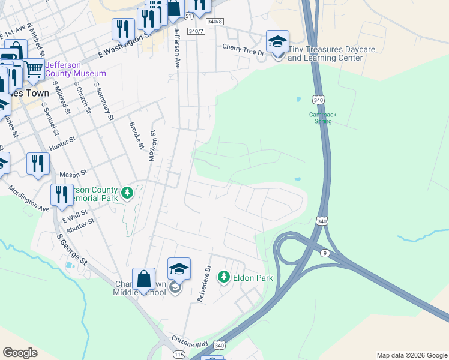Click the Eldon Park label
[x=253, y=278]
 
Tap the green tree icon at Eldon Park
[x=224, y=277]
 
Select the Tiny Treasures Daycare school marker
[x=277, y=42]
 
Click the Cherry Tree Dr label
[x=243, y=47]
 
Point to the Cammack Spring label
[x=323, y=118]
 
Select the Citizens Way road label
[x=190, y=341]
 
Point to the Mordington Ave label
[x=28, y=198]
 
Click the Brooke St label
[x=136, y=136]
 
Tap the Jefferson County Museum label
[x=76, y=69]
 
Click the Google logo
[x=20, y=353]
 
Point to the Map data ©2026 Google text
[x=411, y=355]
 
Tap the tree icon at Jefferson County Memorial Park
[x=127, y=193]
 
